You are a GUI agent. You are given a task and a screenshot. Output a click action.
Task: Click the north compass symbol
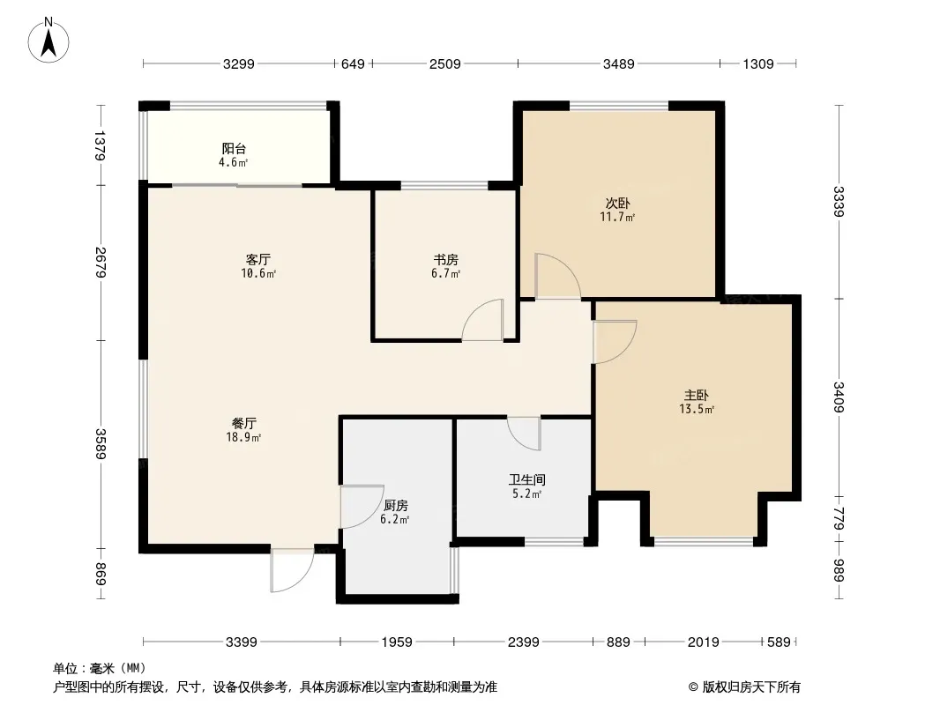click(x=48, y=41)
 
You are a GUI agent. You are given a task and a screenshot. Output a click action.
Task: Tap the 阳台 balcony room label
click(x=234, y=149)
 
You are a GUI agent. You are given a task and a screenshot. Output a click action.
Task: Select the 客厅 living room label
click(x=258, y=259)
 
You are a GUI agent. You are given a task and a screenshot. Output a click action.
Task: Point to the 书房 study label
click(x=446, y=259)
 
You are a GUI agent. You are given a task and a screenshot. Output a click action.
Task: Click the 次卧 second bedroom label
click(x=617, y=203)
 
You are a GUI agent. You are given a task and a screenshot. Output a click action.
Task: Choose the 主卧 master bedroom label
click(x=697, y=396)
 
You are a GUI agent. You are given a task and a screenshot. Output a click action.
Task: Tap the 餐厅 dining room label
click(x=244, y=424)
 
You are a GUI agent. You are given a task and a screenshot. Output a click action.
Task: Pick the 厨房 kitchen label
click(x=395, y=506)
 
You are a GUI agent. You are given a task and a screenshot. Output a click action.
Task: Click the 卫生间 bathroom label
click(x=527, y=479)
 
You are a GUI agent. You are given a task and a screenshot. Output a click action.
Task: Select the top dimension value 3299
click(x=239, y=63)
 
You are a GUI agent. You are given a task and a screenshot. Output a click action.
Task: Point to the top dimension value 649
click(x=353, y=63)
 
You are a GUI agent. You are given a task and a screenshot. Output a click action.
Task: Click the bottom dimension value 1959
click(x=397, y=642)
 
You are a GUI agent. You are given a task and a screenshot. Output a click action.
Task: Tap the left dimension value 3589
click(x=101, y=444)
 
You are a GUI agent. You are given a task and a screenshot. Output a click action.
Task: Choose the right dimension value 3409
click(x=839, y=397)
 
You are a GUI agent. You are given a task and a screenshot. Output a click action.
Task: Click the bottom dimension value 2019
click(x=703, y=642)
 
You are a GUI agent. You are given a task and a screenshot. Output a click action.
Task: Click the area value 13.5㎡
click(x=697, y=410)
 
